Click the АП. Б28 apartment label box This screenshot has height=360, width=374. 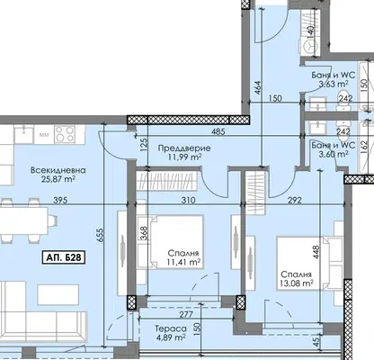click(64, 257)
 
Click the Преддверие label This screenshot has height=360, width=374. click(184, 148)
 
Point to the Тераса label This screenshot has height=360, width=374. click(171, 329)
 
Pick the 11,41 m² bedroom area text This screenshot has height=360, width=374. click(183, 262)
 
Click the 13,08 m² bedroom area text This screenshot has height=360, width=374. click(297, 283)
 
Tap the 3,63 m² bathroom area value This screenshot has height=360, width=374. click(334, 84)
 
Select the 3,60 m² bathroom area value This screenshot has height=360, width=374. click(334, 154)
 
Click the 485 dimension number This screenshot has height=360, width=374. click(218, 131)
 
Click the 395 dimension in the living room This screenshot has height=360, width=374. click(60, 200)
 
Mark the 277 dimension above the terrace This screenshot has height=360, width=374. click(186, 314)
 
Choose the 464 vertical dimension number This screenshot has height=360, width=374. click(258, 88)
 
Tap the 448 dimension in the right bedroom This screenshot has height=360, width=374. click(316, 253)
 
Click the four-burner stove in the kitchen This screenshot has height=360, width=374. click(66, 134)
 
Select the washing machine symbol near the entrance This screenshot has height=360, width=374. click(309, 47)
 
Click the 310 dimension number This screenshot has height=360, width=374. click(189, 200)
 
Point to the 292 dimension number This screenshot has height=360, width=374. click(295, 200)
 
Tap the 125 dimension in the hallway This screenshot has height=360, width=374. click(144, 145)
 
